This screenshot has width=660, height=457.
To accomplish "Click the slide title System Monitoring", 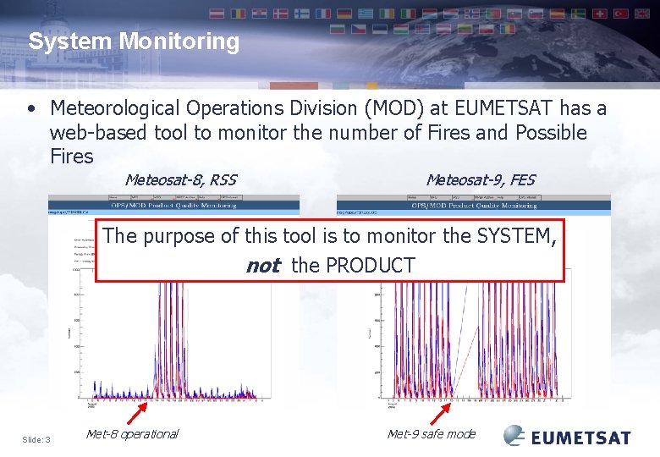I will (134, 41).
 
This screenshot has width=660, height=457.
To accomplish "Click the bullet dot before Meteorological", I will (31, 109).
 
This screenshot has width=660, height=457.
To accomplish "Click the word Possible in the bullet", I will (549, 133).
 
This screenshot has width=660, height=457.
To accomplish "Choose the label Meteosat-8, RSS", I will (179, 180).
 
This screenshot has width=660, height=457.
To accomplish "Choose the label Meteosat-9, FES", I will (480, 180).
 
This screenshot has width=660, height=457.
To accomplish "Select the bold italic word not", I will (262, 266).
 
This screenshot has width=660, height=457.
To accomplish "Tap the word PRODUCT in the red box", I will (370, 266).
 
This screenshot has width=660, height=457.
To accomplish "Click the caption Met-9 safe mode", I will (431, 434).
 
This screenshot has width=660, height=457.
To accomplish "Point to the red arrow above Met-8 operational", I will (135, 415).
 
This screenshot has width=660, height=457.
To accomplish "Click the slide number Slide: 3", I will (36, 439).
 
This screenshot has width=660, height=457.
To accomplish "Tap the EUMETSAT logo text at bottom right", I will (580, 438).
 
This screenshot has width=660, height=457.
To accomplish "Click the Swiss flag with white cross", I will (600, 14).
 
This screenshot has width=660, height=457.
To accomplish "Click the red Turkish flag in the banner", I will (622, 14).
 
